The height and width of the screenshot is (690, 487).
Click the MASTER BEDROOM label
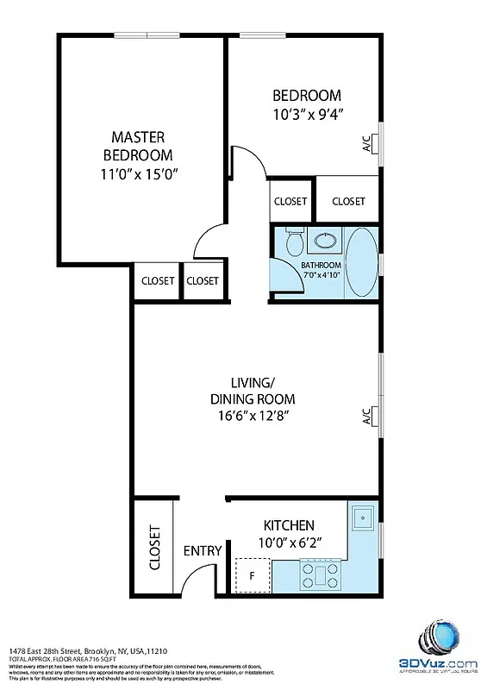[x=138, y=146]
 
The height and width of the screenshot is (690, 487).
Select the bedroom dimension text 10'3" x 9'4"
[x=307, y=113]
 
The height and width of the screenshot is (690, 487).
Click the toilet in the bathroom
[x=293, y=240]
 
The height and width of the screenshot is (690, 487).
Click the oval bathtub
[x=361, y=261]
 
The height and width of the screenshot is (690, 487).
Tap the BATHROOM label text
[x=321, y=265]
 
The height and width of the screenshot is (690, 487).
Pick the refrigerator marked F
[x=253, y=574]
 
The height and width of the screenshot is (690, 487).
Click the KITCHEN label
[x=288, y=524]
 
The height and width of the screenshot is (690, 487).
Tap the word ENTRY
[x=203, y=551]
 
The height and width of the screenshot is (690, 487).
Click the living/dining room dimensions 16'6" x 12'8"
[x=253, y=417]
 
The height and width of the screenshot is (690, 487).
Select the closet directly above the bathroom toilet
[x=290, y=201]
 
